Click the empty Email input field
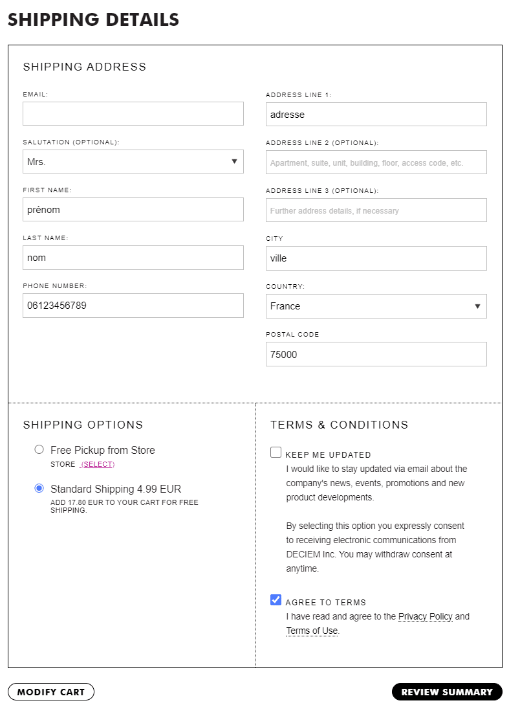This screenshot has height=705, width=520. [133, 113]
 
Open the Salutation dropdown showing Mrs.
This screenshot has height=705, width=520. [133, 162]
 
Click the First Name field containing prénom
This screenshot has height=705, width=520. [133, 210]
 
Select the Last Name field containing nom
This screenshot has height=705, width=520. [133, 258]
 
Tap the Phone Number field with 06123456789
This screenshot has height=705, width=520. [133, 306]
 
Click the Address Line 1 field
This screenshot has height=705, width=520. [376, 115]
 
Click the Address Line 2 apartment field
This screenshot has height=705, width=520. [376, 162]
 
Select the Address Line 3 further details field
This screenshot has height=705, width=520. [376, 210]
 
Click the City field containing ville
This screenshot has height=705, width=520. [376, 258]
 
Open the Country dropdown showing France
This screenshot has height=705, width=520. [376, 306]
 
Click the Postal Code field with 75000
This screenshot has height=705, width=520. [376, 354]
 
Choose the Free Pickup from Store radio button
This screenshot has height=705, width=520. [39, 449]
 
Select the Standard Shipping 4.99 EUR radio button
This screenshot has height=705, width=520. [39, 488]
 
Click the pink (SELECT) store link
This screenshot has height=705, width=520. [97, 464]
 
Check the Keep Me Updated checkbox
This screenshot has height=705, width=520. [276, 453]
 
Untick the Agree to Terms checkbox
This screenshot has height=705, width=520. [276, 600]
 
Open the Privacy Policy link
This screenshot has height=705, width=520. [425, 616]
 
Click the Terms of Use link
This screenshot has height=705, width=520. [312, 631]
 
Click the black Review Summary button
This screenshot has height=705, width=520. [447, 692]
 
